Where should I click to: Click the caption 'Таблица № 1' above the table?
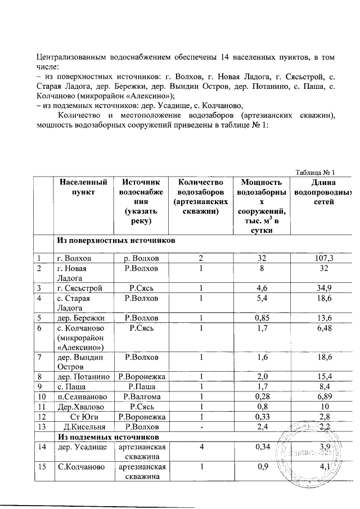[x=315, y=172]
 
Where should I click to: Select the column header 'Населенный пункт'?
[x=79, y=187]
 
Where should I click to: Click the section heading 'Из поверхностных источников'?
[x=115, y=241]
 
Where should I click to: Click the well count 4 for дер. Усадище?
[x=201, y=447]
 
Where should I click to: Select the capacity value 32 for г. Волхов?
[x=260, y=258]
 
